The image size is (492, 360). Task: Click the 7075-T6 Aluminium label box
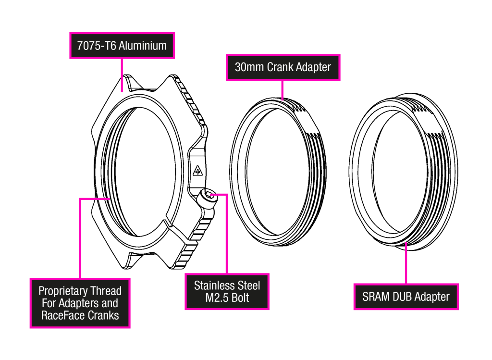[122, 46]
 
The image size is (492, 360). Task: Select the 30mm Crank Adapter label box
[283, 67]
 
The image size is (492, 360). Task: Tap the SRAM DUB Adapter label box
[406, 297]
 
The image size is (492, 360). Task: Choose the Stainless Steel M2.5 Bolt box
[227, 292]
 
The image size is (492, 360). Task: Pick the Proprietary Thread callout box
[80, 303]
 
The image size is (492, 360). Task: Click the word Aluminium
[143, 46]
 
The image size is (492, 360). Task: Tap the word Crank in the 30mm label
[280, 67]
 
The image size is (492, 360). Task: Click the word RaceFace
[62, 316]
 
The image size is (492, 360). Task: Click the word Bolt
[240, 298]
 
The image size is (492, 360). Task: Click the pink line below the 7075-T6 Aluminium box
[122, 75]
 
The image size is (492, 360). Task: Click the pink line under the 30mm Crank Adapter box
[283, 90]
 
